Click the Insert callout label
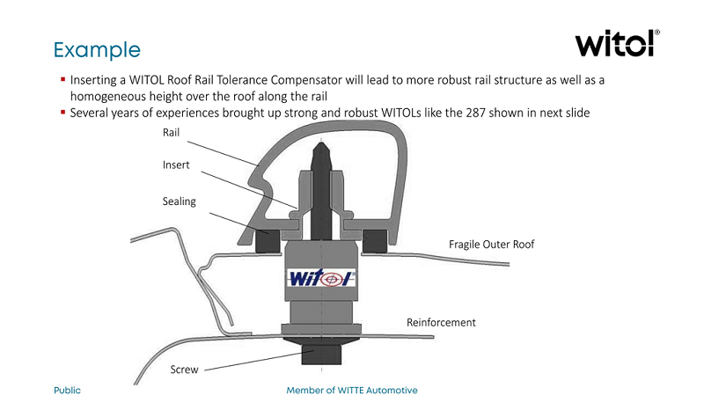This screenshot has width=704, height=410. (x=176, y=165)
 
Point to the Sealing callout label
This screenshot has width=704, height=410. (x=180, y=201)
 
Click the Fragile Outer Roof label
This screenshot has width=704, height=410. (x=491, y=244)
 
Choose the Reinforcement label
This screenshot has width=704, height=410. (x=441, y=323)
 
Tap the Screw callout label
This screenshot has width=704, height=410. (x=184, y=370)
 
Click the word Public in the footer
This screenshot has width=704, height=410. (x=68, y=390)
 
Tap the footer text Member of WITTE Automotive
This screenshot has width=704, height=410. (x=352, y=390)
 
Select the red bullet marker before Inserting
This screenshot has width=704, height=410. (x=63, y=79)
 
